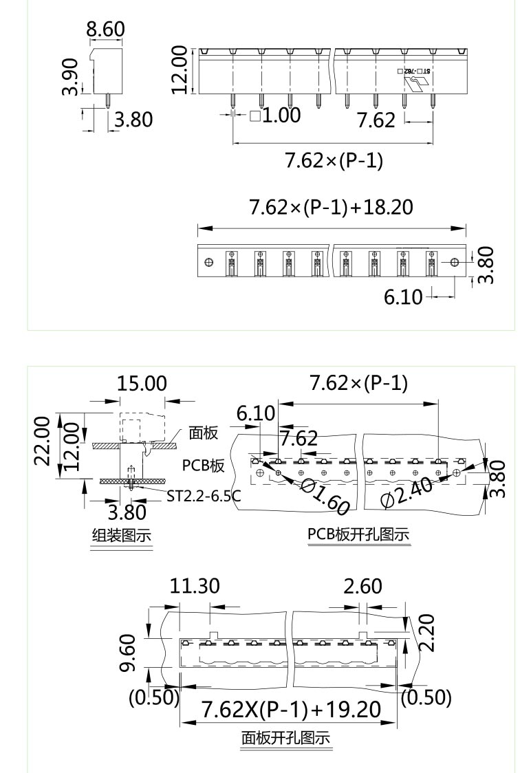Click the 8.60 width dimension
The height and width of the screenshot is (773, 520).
tap(105, 30)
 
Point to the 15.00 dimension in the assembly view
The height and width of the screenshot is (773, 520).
tap(141, 384)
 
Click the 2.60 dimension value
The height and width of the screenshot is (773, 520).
tap(362, 587)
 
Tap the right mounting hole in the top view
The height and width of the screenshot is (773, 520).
tap(454, 263)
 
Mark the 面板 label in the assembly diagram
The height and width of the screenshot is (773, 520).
tap(204, 433)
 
